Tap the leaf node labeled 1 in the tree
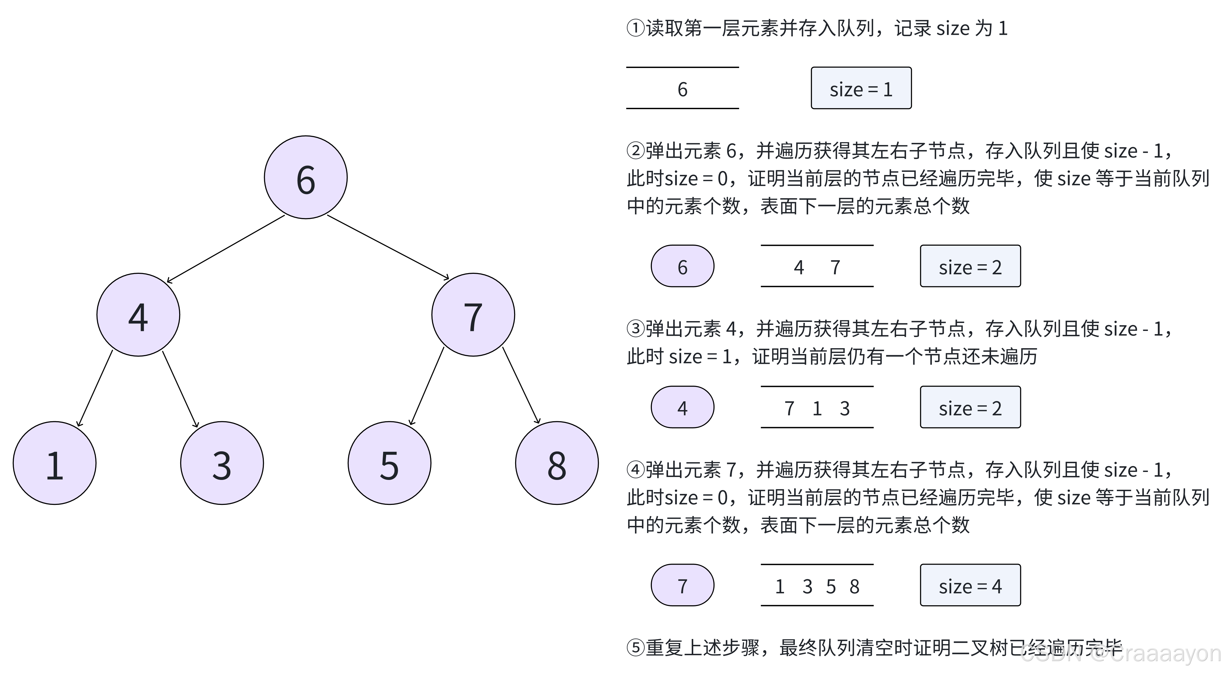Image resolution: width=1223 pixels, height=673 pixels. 55,463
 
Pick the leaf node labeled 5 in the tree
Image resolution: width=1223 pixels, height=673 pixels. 389,463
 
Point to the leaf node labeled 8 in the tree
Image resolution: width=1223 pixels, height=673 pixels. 557,463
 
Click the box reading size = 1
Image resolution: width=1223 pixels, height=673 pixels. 861,88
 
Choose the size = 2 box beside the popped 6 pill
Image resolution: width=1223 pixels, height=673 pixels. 970,266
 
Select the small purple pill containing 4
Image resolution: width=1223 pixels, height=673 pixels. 682,407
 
